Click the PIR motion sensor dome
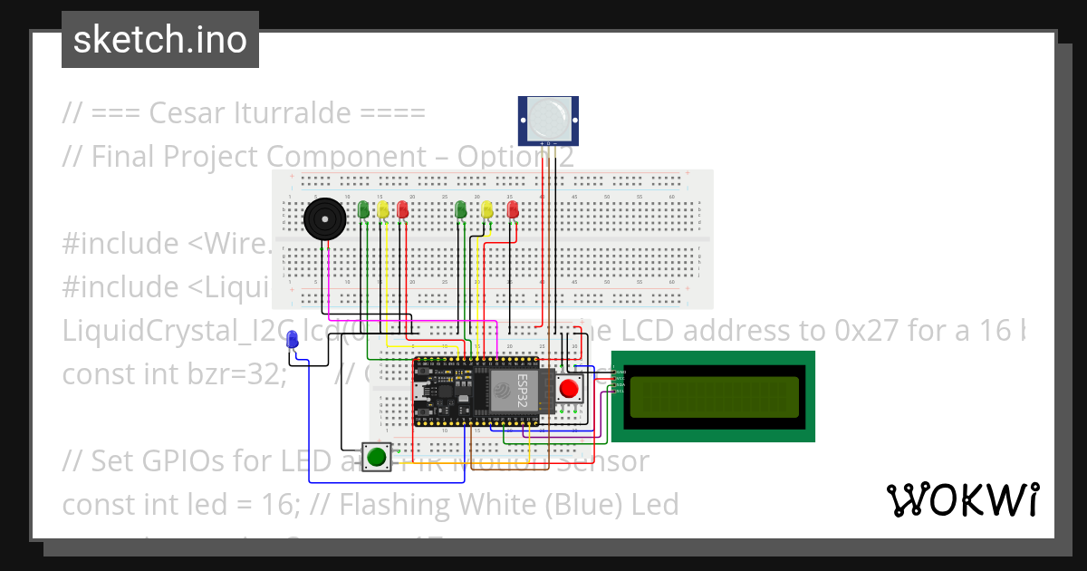pos(548,119)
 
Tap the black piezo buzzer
pos(322,220)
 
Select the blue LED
pos(292,340)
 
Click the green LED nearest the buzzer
pos(363,209)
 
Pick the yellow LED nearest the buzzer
pos(383,210)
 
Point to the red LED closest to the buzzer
pos(403,210)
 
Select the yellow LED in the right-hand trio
pos(487,209)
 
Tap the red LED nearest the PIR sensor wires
pos(514,208)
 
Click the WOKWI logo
pos(962,500)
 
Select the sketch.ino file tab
pos(160,40)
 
